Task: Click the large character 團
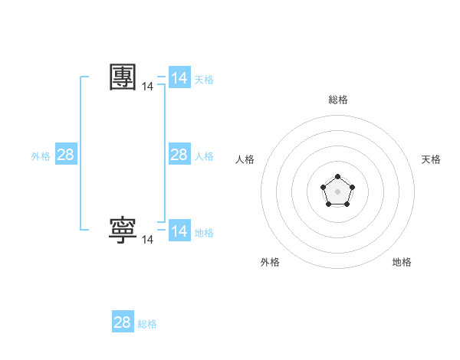[123, 77]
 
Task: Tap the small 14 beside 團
[148, 87]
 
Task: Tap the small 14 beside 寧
[148, 240]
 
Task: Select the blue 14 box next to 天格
[179, 78]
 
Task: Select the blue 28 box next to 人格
[179, 155]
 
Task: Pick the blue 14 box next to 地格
[179, 231]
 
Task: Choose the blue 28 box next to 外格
[66, 155]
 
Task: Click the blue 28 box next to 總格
[123, 322]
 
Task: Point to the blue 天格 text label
[204, 80]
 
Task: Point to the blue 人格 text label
[204, 156]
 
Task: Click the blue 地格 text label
[204, 233]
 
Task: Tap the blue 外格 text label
[41, 156]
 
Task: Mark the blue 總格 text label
[147, 324]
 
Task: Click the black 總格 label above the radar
[338, 100]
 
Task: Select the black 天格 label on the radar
[432, 159]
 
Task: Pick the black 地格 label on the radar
[402, 262]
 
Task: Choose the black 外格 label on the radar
[270, 262]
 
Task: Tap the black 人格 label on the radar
[245, 159]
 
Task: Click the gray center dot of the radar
[337, 191]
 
